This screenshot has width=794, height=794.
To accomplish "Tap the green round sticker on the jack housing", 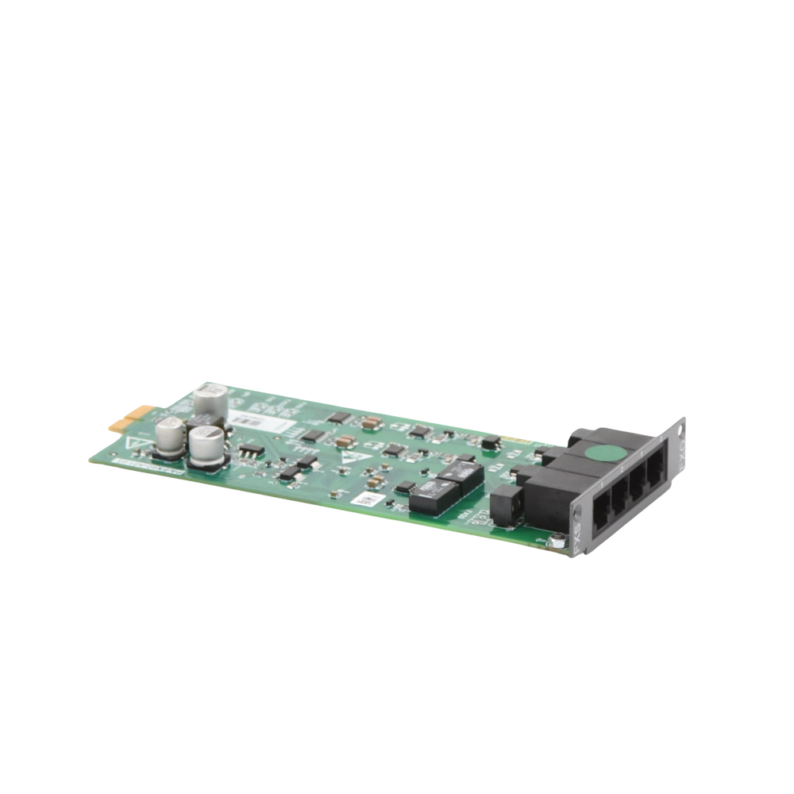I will (x=606, y=453).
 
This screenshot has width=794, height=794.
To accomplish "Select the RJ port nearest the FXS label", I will (x=602, y=512).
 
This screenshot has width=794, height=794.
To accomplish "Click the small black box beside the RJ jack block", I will (x=506, y=505).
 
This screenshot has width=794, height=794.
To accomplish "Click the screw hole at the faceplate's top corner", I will (x=680, y=430).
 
